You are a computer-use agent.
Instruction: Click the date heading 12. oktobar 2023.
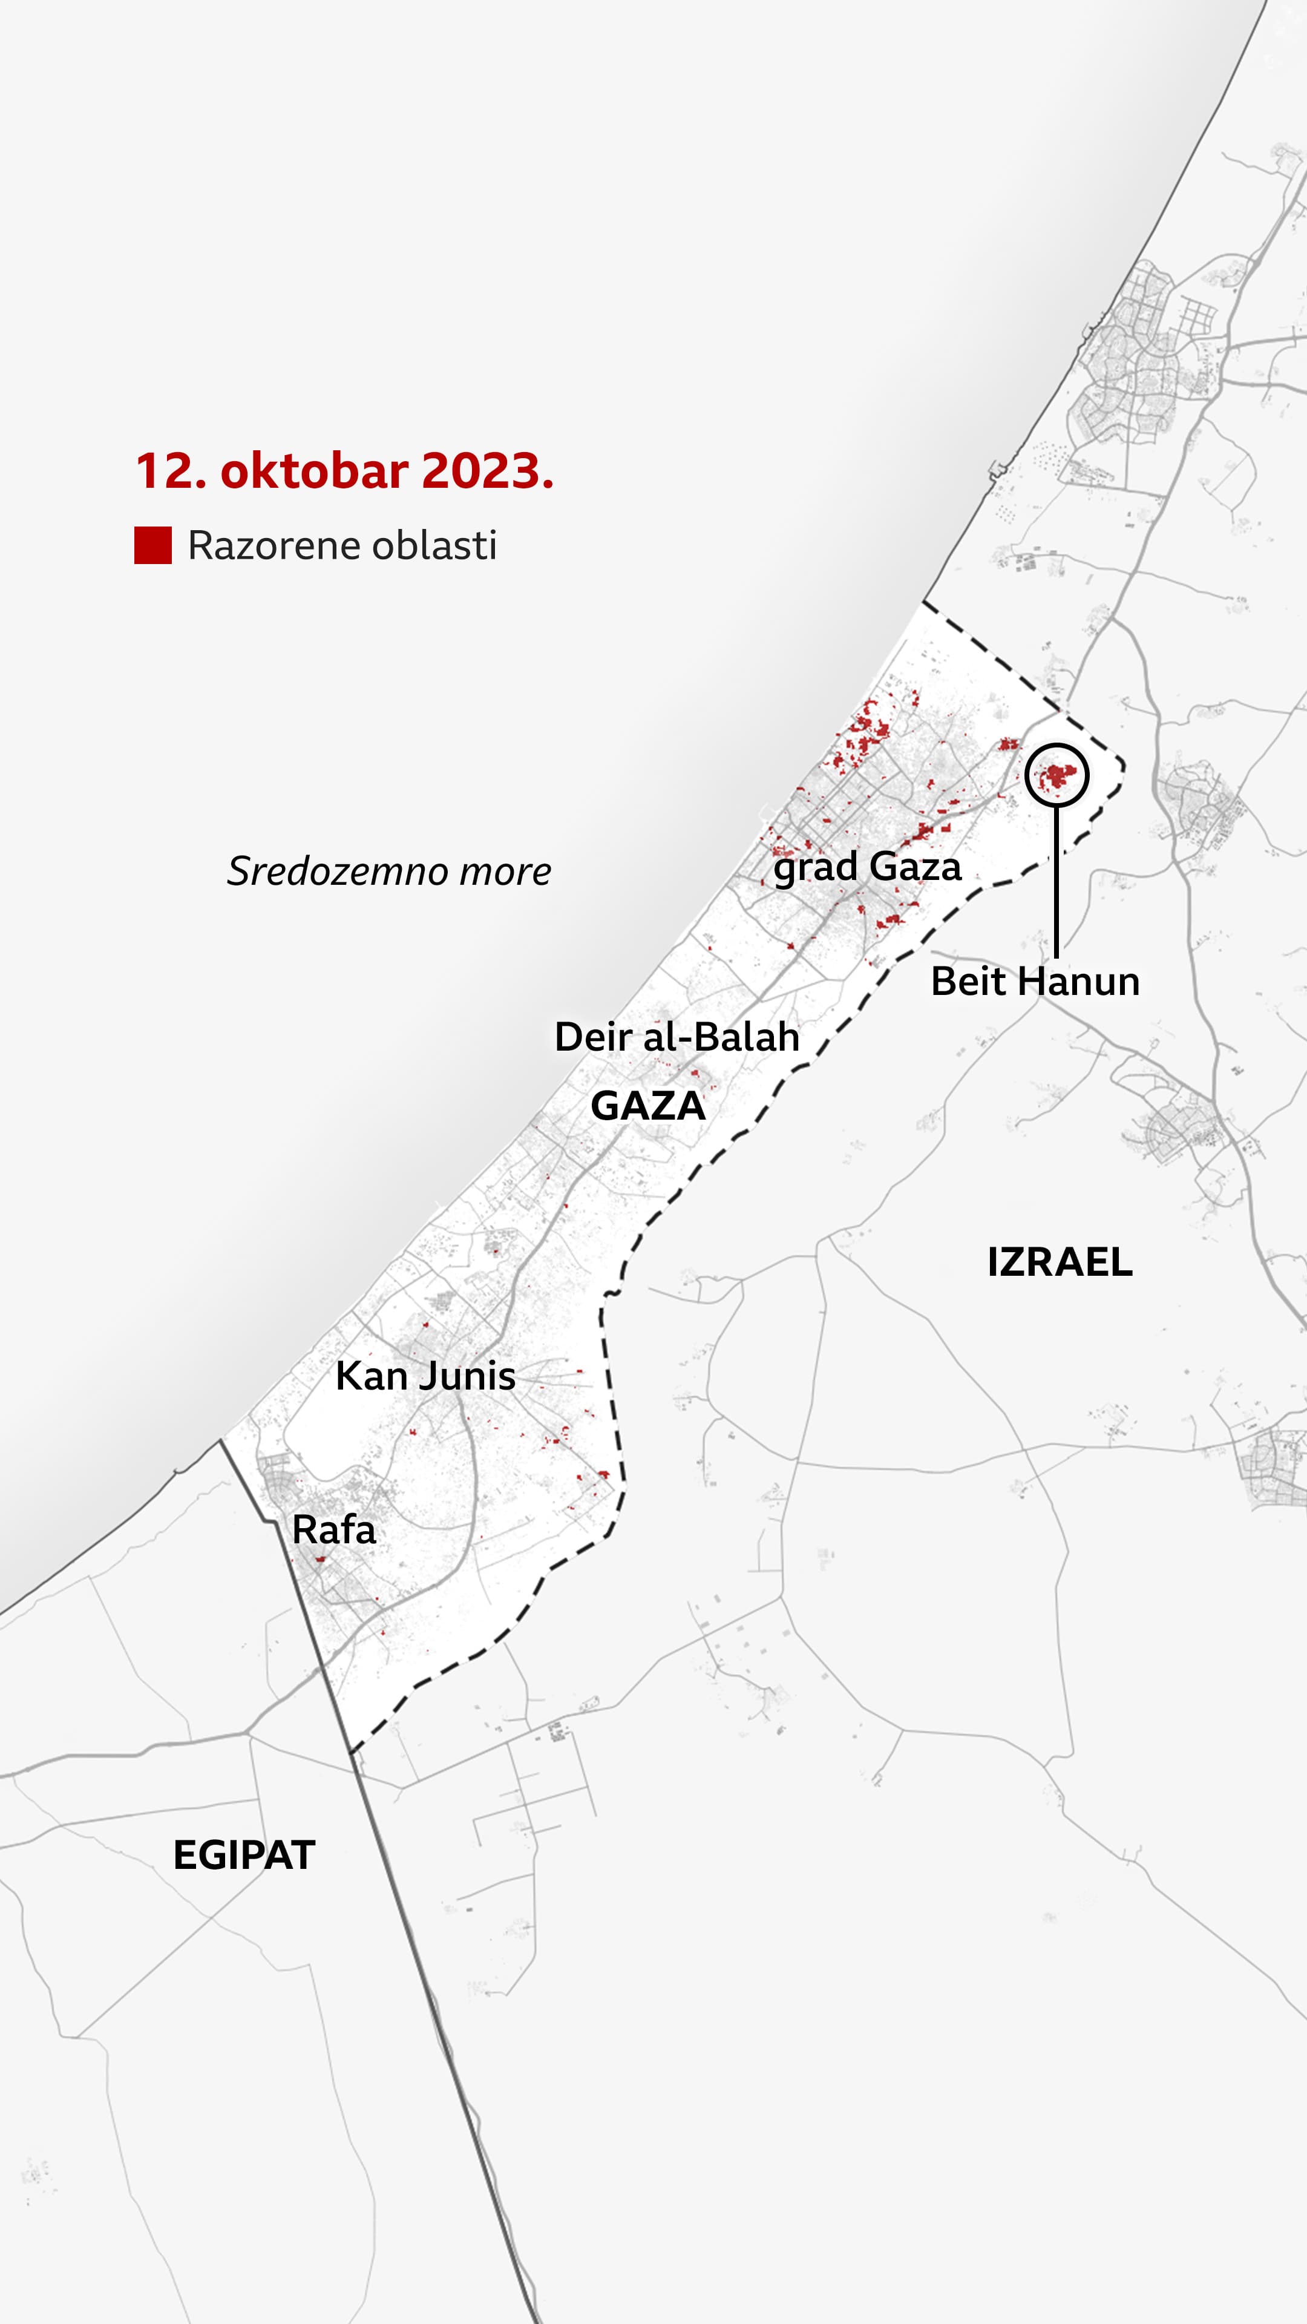tap(344, 471)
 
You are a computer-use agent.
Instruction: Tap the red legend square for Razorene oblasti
tap(152, 546)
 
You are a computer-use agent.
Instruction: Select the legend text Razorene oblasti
tap(342, 546)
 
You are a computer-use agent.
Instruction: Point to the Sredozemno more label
tap(388, 871)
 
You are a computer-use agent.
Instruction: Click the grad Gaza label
tap(867, 867)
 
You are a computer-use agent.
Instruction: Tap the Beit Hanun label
tap(1035, 982)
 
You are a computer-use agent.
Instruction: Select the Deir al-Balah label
tap(676, 1037)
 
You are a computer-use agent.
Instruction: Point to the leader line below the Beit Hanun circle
tap(1056, 879)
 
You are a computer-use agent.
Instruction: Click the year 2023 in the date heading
tap(487, 471)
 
